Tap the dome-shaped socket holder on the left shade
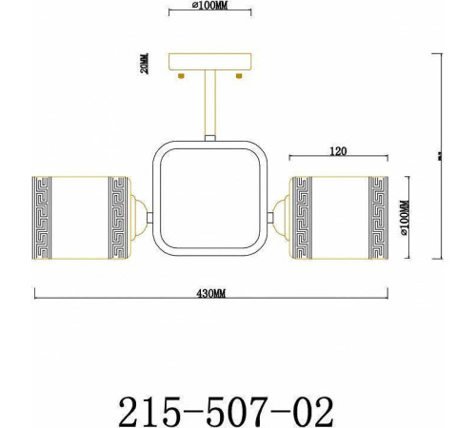138,216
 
